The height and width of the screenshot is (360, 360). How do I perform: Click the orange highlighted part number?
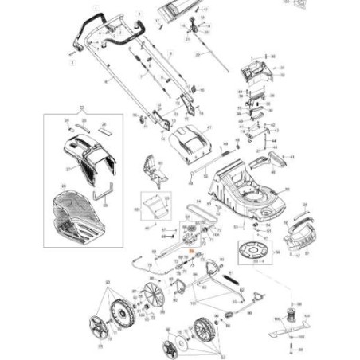tap(191, 251)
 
